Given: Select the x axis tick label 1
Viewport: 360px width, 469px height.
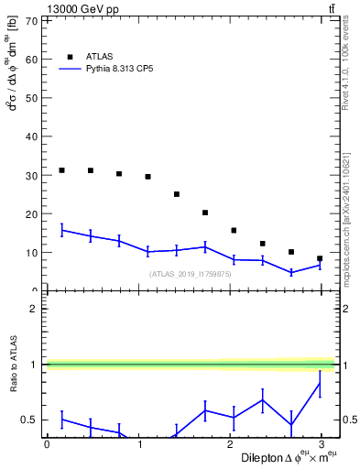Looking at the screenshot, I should [138, 443].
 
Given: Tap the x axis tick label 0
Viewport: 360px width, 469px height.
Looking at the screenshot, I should [47, 443].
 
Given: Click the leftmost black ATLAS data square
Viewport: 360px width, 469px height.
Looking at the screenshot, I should [61, 170].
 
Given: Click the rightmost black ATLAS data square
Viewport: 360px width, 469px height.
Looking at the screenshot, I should [320, 258].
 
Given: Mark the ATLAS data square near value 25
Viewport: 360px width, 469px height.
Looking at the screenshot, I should [177, 194].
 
